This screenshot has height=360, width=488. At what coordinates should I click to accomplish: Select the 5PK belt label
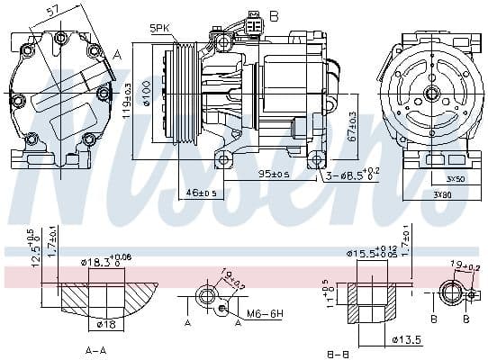click(159, 29)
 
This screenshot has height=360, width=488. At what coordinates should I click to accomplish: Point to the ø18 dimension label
click(106, 322)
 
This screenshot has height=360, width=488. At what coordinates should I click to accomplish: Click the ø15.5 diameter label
click(371, 255)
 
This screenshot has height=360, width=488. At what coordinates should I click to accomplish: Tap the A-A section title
click(97, 349)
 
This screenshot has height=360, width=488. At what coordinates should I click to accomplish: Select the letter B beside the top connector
click(275, 15)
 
